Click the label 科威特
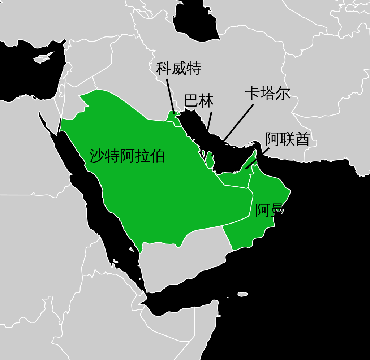178,69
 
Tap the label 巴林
198,101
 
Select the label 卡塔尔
267,94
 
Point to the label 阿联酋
287,139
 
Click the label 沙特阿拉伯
127,156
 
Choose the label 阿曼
269,211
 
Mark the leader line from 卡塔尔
238,123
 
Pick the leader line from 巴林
209,121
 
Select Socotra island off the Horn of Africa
243,294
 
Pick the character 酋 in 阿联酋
302,139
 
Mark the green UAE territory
235,179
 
